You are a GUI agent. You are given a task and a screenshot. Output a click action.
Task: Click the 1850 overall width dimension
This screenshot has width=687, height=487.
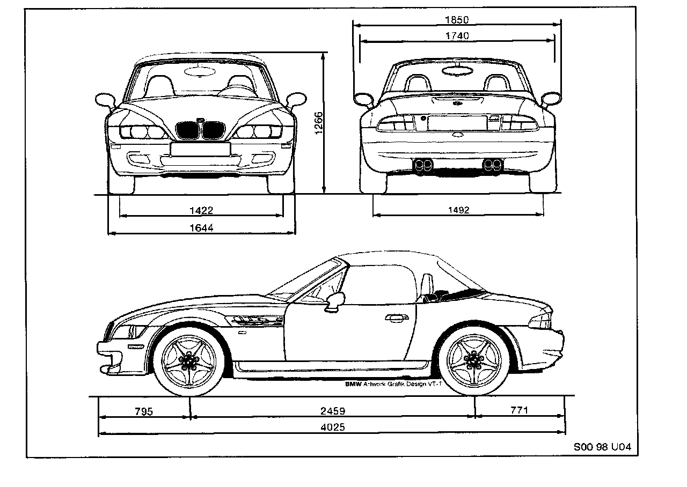pos(457,20)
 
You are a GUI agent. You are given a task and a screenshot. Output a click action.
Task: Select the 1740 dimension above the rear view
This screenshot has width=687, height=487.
pos(457,36)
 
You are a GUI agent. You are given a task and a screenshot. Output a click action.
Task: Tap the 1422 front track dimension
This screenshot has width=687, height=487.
pos(201,210)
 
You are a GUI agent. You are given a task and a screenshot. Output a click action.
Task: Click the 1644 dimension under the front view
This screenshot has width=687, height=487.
pos(201,228)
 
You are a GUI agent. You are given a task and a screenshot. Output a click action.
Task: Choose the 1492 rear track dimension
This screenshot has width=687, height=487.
pos(458,210)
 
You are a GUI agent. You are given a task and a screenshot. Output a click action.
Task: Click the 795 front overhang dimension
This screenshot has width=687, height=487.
pos(143,411)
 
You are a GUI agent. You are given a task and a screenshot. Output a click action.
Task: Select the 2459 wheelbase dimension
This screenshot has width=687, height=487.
pos(332,411)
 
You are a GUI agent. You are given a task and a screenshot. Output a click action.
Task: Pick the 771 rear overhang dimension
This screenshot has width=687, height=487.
pos(519,411)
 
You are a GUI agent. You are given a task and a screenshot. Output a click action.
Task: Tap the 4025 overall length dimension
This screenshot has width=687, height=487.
pos(332,427)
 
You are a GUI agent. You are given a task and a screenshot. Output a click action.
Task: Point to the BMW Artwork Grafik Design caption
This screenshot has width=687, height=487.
pos(392,384)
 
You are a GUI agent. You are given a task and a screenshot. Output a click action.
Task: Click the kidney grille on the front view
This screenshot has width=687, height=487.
pos(200,130)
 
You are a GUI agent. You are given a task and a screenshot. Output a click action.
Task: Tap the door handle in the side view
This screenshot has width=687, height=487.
pos(396,318)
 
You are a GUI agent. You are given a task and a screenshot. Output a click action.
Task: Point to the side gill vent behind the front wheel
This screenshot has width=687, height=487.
pos(257,321)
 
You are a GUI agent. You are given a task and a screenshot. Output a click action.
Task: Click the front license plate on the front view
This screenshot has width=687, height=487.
pos(200,149)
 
